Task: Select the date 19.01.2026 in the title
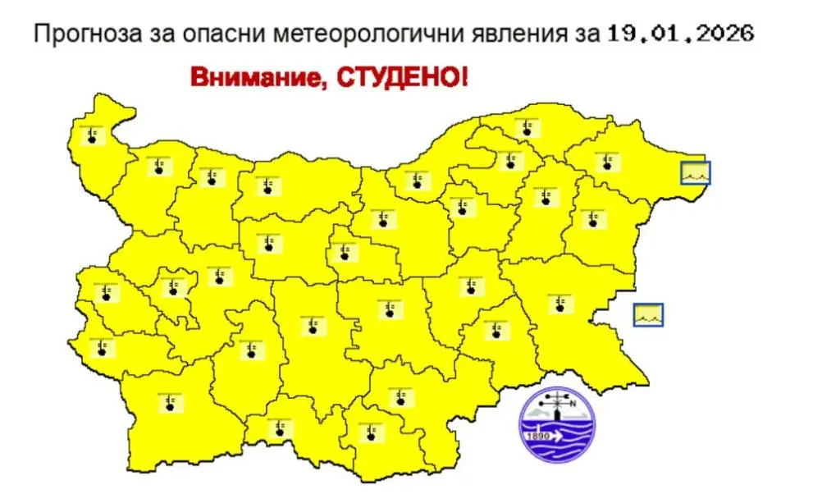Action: [680, 34]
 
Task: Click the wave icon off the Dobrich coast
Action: [696, 172]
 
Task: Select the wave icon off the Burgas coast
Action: [649, 314]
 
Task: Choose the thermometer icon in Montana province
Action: [158, 167]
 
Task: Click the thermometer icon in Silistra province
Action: [526, 128]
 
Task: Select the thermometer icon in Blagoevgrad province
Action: [170, 402]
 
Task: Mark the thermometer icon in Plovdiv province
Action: [312, 326]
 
